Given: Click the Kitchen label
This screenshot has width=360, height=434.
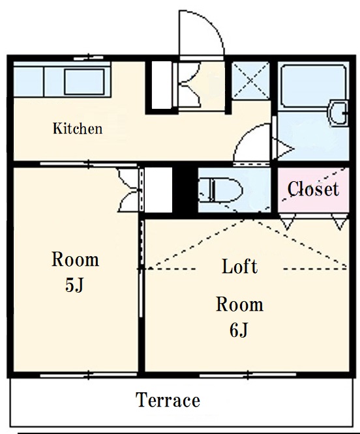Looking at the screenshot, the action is click(x=78, y=129).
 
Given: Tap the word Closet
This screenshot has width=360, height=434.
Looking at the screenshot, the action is click(x=313, y=189).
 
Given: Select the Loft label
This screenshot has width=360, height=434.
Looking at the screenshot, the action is click(x=240, y=267).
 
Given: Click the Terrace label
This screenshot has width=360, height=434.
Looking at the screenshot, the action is click(x=168, y=400).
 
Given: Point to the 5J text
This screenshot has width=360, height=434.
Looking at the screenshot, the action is click(x=74, y=285).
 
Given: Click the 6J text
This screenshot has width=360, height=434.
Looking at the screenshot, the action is click(x=239, y=330).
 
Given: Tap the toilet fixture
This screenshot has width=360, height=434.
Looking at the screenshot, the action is click(x=220, y=190).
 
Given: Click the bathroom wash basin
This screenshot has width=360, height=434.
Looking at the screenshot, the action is click(x=338, y=113).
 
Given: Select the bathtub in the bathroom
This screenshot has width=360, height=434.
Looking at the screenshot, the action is click(x=313, y=86).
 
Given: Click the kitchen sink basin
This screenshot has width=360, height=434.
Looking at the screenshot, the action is click(x=85, y=81).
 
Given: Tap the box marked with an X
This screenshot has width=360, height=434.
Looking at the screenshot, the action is click(x=250, y=81).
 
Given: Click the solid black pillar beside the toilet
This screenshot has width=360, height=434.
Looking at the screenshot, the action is click(x=185, y=190).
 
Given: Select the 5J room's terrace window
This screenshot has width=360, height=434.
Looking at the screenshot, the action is click(x=89, y=375).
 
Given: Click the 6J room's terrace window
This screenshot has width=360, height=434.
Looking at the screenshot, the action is click(x=248, y=375).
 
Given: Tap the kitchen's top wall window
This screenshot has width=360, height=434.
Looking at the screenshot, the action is click(x=89, y=58).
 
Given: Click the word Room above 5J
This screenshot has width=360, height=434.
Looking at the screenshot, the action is click(x=75, y=259).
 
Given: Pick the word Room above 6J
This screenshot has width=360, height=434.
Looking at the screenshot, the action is click(x=239, y=304).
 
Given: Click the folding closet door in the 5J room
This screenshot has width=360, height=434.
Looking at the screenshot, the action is click(x=129, y=190).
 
